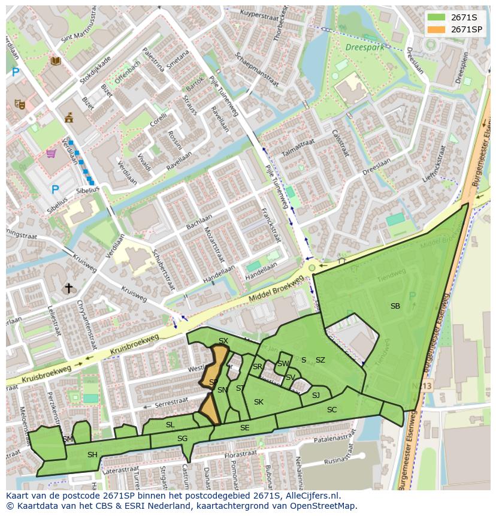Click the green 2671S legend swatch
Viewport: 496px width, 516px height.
point(436,18)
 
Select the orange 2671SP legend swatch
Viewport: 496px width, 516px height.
point(436,29)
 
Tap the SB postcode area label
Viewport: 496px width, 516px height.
point(395,306)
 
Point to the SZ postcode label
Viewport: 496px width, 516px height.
point(320,360)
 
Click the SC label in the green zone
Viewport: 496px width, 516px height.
point(332,410)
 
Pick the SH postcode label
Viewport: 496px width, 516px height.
point(92,455)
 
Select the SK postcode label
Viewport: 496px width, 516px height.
point(259,402)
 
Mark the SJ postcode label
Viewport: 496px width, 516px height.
point(316,395)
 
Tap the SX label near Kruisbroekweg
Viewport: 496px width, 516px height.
point(223,341)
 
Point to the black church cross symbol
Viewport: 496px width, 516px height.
point(69,288)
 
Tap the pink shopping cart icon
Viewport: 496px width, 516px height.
point(51,153)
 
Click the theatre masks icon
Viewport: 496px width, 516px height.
point(20,104)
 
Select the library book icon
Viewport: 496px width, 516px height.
point(56,61)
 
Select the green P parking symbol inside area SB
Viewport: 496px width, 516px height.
point(412,296)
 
